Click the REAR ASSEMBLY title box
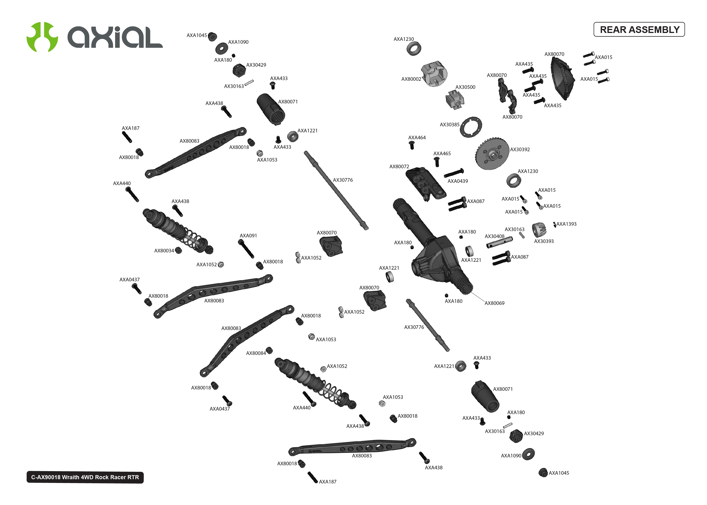tap(639, 30)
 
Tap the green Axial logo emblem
tap(42, 37)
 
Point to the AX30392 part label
tap(520, 150)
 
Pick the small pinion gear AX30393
tap(538, 230)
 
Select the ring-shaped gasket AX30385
tap(471, 127)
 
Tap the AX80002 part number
tap(411, 79)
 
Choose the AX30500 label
tap(465, 87)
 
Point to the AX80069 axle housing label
tap(494, 303)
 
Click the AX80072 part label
tap(399, 167)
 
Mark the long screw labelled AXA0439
tap(454, 173)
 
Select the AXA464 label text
tap(417, 138)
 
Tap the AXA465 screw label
tap(442, 154)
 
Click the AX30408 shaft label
tap(494, 236)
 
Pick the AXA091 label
tap(248, 236)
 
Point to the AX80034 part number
tap(164, 251)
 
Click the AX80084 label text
tap(256, 353)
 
